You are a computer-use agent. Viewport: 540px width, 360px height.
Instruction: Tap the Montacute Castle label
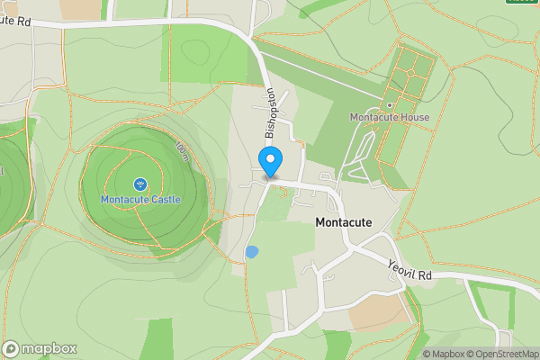point(140,199)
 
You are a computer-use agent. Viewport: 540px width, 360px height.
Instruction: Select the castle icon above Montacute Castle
point(140,184)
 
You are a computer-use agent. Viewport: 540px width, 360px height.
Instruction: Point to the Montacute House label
point(389,117)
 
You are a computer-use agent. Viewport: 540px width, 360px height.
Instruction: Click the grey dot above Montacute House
point(390,104)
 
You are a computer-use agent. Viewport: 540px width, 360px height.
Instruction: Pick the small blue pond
point(251,252)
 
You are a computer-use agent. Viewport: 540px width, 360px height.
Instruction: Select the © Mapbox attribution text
point(444,354)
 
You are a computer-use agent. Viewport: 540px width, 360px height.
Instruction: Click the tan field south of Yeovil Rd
point(377,311)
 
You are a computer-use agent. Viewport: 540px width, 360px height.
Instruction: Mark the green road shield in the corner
point(522,2)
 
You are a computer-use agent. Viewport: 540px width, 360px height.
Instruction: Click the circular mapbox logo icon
point(11,349)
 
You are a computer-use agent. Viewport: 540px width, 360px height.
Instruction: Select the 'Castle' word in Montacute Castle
point(164,199)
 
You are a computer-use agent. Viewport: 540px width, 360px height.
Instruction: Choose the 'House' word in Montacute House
point(416,117)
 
